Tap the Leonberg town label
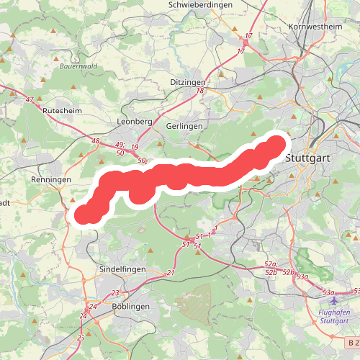coord(134,122)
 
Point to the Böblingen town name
coord(131,306)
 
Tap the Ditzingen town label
coord(189,83)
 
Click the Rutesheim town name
coord(63,112)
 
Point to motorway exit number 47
coord(30,99)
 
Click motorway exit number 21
coord(171,272)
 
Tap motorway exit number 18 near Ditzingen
coord(200,91)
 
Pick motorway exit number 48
coord(96,140)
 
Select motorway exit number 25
coord(81,337)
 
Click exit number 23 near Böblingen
coord(115,292)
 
